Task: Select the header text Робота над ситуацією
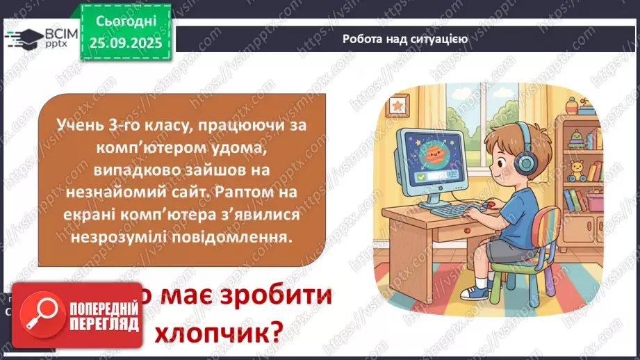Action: (404, 39)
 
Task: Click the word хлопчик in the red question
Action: (220, 333)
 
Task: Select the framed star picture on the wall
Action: (398, 106)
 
